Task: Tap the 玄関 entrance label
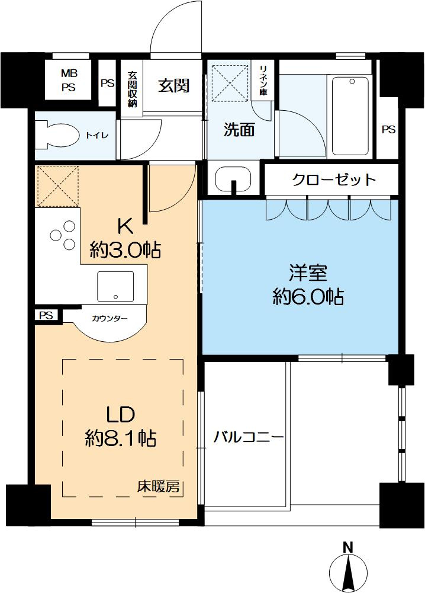(173, 86)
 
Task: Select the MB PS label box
(69, 80)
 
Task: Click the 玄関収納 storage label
(132, 89)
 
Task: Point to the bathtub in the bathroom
(350, 116)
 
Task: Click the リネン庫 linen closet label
(263, 80)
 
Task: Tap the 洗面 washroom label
(239, 130)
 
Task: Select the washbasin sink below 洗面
(233, 179)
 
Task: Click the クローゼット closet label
(334, 179)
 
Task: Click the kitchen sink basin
(115, 286)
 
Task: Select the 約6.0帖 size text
(308, 296)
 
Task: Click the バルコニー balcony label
(248, 438)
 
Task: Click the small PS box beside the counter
(47, 315)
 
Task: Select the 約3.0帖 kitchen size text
(125, 250)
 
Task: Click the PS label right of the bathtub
(388, 129)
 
